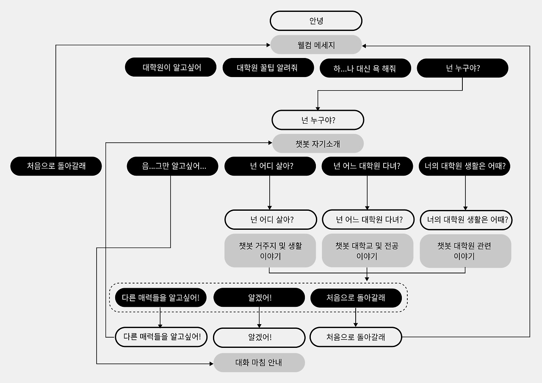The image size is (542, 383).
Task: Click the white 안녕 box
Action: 316,21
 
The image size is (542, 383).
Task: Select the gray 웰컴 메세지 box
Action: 316,45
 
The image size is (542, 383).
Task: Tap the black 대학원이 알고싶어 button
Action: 171,68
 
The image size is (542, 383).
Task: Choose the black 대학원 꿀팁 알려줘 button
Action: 268,68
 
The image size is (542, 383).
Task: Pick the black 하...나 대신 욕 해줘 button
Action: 365,68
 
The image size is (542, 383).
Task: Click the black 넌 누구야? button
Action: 462,68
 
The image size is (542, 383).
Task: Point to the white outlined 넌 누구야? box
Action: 318,120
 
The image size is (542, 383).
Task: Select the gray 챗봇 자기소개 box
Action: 318,143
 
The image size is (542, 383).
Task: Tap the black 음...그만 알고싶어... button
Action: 172,166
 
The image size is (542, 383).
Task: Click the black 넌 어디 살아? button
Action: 270,166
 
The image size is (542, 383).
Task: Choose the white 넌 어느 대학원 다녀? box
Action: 368,220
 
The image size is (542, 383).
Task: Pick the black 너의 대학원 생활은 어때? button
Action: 465,166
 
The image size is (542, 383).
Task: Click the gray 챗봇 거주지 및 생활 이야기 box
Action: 270,251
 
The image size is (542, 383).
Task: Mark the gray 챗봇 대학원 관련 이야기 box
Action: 465,251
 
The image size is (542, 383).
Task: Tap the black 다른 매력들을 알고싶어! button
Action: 160,298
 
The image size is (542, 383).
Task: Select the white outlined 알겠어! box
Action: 259,337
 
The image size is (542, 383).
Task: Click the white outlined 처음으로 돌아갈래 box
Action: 356,337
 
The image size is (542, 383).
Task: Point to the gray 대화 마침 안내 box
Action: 259,363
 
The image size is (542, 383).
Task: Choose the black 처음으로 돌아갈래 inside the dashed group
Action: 356,298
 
